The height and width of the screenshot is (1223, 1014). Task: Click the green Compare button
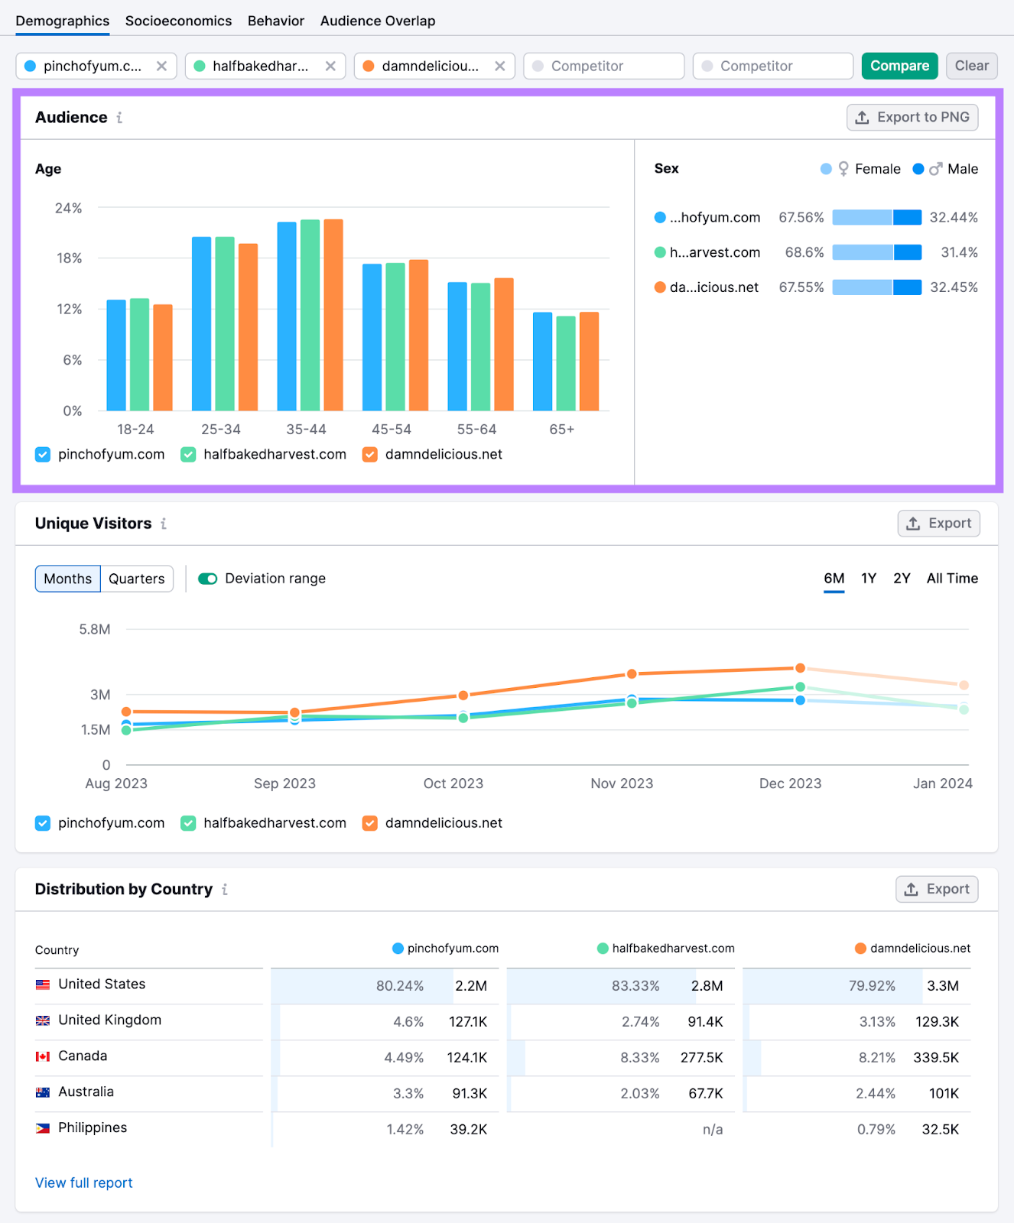click(x=899, y=66)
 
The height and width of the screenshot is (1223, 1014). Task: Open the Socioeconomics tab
click(x=178, y=21)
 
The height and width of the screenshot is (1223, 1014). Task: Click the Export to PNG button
click(x=912, y=117)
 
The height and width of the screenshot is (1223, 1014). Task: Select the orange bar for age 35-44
click(x=333, y=315)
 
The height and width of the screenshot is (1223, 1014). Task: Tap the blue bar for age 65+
click(x=542, y=361)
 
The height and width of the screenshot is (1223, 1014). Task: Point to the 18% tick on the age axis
click(x=69, y=258)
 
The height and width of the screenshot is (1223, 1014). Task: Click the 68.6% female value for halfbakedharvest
click(x=804, y=252)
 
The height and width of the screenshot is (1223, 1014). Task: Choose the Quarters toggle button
click(x=136, y=579)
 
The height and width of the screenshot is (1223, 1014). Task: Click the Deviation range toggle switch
click(x=208, y=579)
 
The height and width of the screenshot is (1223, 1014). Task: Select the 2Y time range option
click(x=902, y=579)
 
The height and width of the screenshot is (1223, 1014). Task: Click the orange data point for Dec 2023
click(x=800, y=668)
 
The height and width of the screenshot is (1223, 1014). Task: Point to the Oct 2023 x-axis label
click(x=453, y=783)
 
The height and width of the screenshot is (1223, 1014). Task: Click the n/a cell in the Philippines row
click(x=712, y=1130)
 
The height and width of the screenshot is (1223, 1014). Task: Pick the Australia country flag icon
click(x=43, y=1092)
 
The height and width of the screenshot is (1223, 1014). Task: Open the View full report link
click(x=84, y=1182)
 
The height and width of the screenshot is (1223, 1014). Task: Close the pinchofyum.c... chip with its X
click(x=161, y=66)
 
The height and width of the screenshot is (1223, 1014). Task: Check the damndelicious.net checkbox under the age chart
click(x=370, y=455)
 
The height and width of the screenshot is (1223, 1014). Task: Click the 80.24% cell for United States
click(x=399, y=986)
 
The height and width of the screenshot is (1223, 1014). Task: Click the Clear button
click(x=971, y=66)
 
